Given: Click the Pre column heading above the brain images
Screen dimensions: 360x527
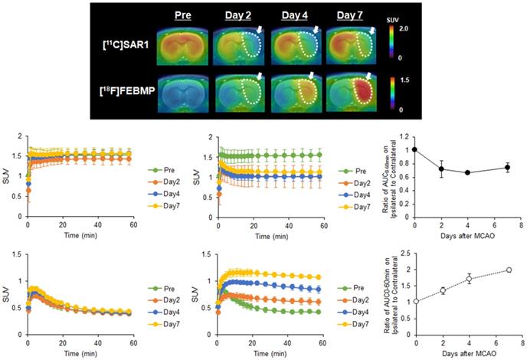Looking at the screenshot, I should (184, 15).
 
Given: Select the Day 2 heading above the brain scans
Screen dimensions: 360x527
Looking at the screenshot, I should (239, 15).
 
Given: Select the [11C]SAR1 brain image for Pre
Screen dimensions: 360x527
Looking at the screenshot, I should (184, 45).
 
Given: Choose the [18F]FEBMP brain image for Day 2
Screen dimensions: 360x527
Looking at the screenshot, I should (239, 95).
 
